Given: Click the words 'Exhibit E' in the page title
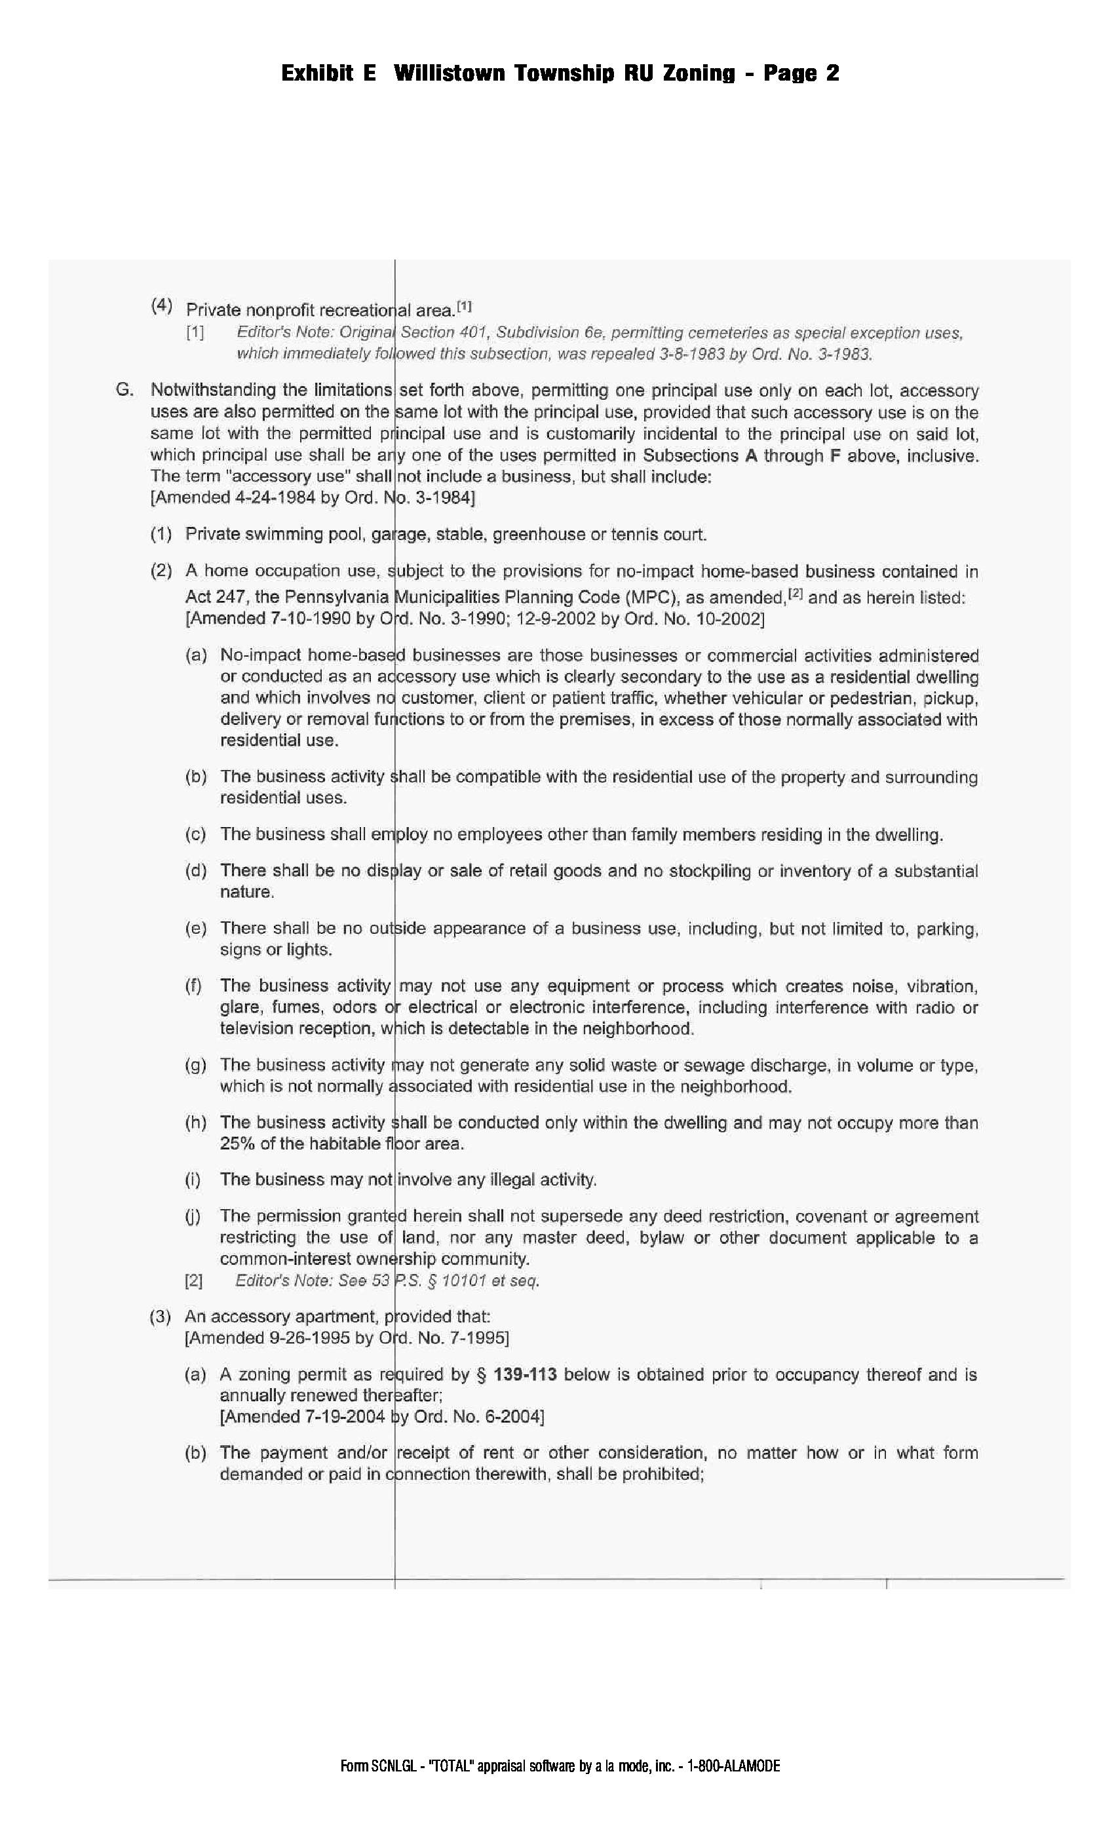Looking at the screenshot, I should click(328, 73).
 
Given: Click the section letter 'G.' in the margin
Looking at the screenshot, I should click(125, 389).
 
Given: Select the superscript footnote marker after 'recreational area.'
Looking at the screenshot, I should click(464, 306).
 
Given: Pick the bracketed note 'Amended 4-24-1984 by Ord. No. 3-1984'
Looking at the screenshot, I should click(313, 497).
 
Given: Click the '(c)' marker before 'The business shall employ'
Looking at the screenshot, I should click(195, 834).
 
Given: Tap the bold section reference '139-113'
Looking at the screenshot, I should click(525, 1375).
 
